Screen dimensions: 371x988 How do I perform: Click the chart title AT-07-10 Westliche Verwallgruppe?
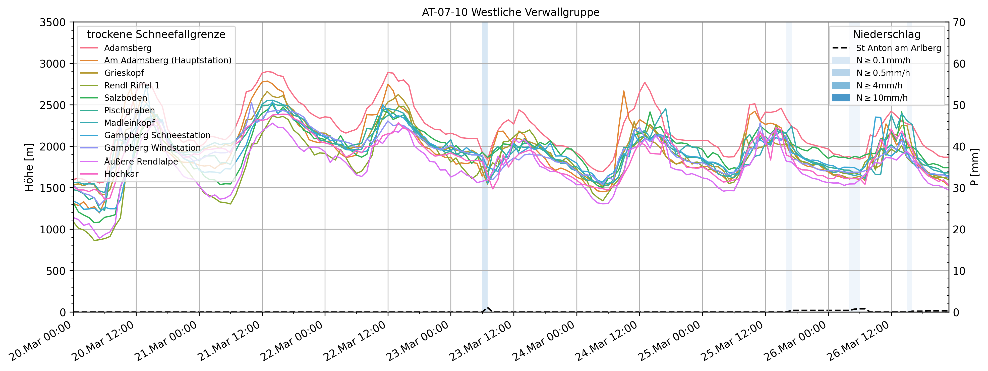[x=510, y=12]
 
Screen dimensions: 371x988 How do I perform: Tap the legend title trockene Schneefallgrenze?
[x=156, y=34]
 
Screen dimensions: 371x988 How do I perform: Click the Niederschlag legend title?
[x=886, y=34]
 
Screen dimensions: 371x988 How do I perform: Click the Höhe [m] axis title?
[x=29, y=167]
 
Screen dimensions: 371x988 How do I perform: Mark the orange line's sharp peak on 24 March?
[x=624, y=91]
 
